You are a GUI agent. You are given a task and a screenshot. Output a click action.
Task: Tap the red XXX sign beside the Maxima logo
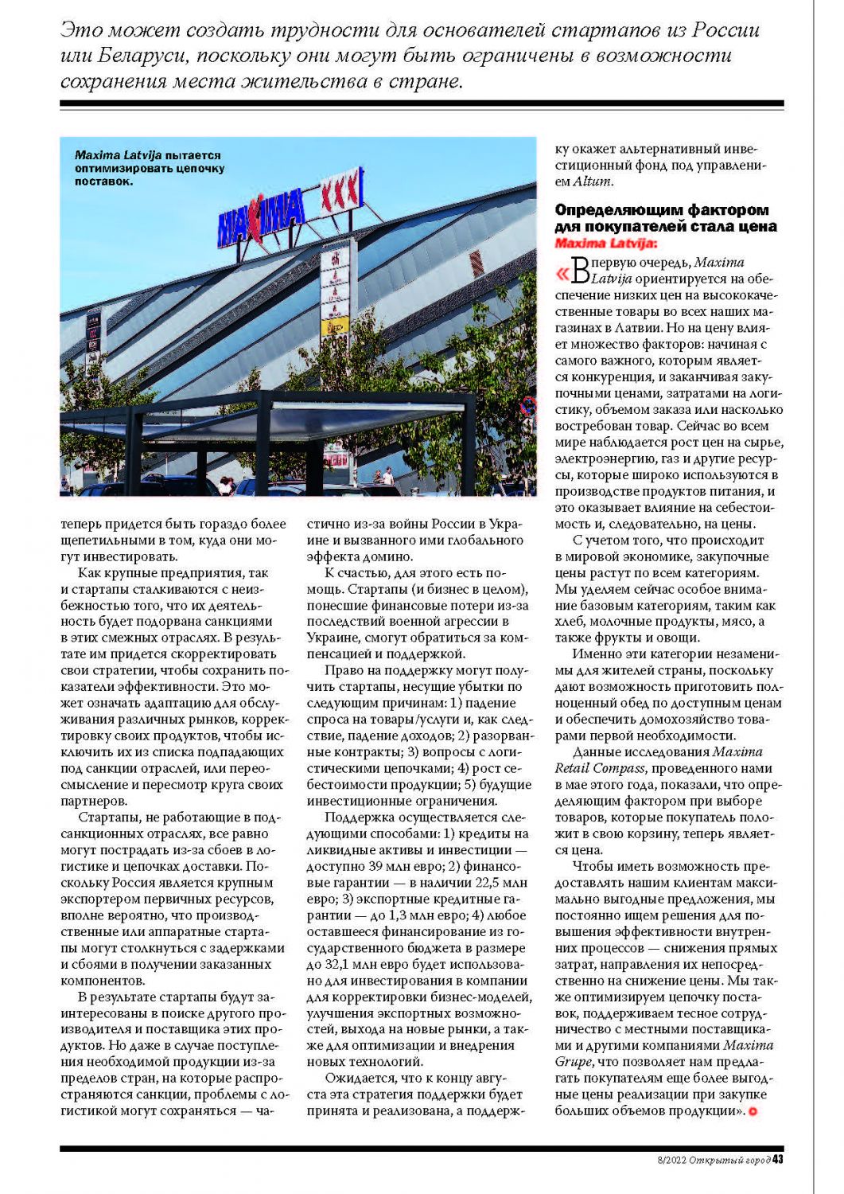pyautogui.click(x=340, y=191)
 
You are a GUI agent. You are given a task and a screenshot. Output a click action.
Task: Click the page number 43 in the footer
pyautogui.click(x=778, y=1159)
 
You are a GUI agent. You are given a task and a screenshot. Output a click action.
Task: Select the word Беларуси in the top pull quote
pyautogui.click(x=143, y=56)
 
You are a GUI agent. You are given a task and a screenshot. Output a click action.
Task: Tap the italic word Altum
pyautogui.click(x=593, y=181)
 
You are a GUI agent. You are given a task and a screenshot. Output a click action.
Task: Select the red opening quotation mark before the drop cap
pyautogui.click(x=562, y=274)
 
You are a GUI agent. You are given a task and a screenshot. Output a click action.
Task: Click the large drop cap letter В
pyautogui.click(x=581, y=271)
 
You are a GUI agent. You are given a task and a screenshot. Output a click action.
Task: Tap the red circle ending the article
pyautogui.click(x=753, y=1111)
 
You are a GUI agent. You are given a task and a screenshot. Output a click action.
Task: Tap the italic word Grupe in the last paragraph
pyautogui.click(x=574, y=1062)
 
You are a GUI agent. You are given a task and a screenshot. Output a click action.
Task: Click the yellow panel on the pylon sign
pyautogui.click(x=335, y=326)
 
